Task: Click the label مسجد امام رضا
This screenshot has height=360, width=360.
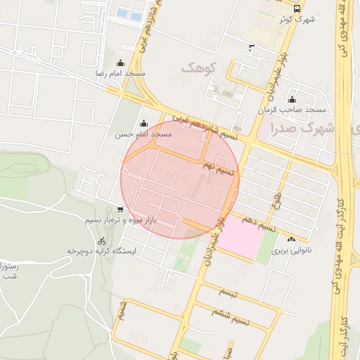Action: [121, 74]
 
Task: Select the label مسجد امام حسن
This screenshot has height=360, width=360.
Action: [144, 133]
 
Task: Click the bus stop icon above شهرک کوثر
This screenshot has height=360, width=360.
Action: [297, 8]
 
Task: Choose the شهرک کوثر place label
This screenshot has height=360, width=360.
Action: [296, 19]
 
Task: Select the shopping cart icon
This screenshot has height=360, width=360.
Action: [120, 209]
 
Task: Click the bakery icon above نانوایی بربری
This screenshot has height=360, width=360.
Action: [291, 240]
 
